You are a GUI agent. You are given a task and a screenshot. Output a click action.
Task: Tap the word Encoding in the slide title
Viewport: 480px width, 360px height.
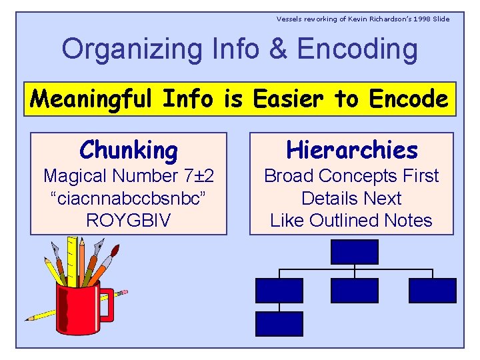[357, 49]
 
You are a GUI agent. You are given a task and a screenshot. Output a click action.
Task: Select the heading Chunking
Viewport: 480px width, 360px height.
[129, 150]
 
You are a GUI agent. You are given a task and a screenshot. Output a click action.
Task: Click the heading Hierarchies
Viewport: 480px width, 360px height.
[351, 150]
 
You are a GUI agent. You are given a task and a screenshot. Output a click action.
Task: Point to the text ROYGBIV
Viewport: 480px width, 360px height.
[129, 221]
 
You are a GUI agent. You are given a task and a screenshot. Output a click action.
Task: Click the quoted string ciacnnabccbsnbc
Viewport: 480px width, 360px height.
[129, 199]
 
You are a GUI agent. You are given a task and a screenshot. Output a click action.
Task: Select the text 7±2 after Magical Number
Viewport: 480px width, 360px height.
[199, 176]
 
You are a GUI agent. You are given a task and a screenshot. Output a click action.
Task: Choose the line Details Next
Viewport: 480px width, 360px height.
[351, 199]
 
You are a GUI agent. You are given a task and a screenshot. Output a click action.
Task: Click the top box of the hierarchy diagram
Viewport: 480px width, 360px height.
[354, 251]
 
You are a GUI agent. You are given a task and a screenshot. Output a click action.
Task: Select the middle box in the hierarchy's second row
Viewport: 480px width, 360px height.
[354, 291]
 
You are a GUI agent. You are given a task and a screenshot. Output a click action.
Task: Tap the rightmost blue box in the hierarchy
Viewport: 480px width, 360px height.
[432, 291]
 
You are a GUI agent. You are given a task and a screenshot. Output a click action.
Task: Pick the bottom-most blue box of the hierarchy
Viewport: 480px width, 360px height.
[279, 323]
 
